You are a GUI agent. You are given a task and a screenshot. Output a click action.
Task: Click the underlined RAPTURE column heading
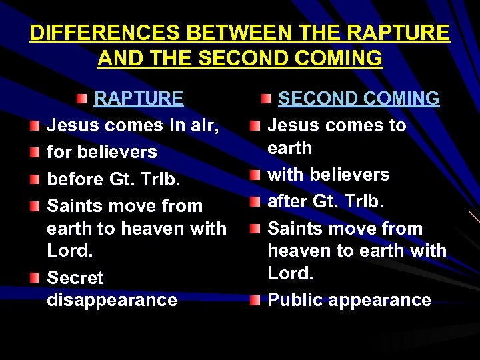point(139,99)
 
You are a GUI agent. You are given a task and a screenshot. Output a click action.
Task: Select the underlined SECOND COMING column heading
point(359,99)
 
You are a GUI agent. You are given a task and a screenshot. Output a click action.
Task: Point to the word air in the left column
point(203,125)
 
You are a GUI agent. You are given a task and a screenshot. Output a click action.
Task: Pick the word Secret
point(75,277)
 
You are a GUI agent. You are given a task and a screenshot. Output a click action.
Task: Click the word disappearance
point(112,300)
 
